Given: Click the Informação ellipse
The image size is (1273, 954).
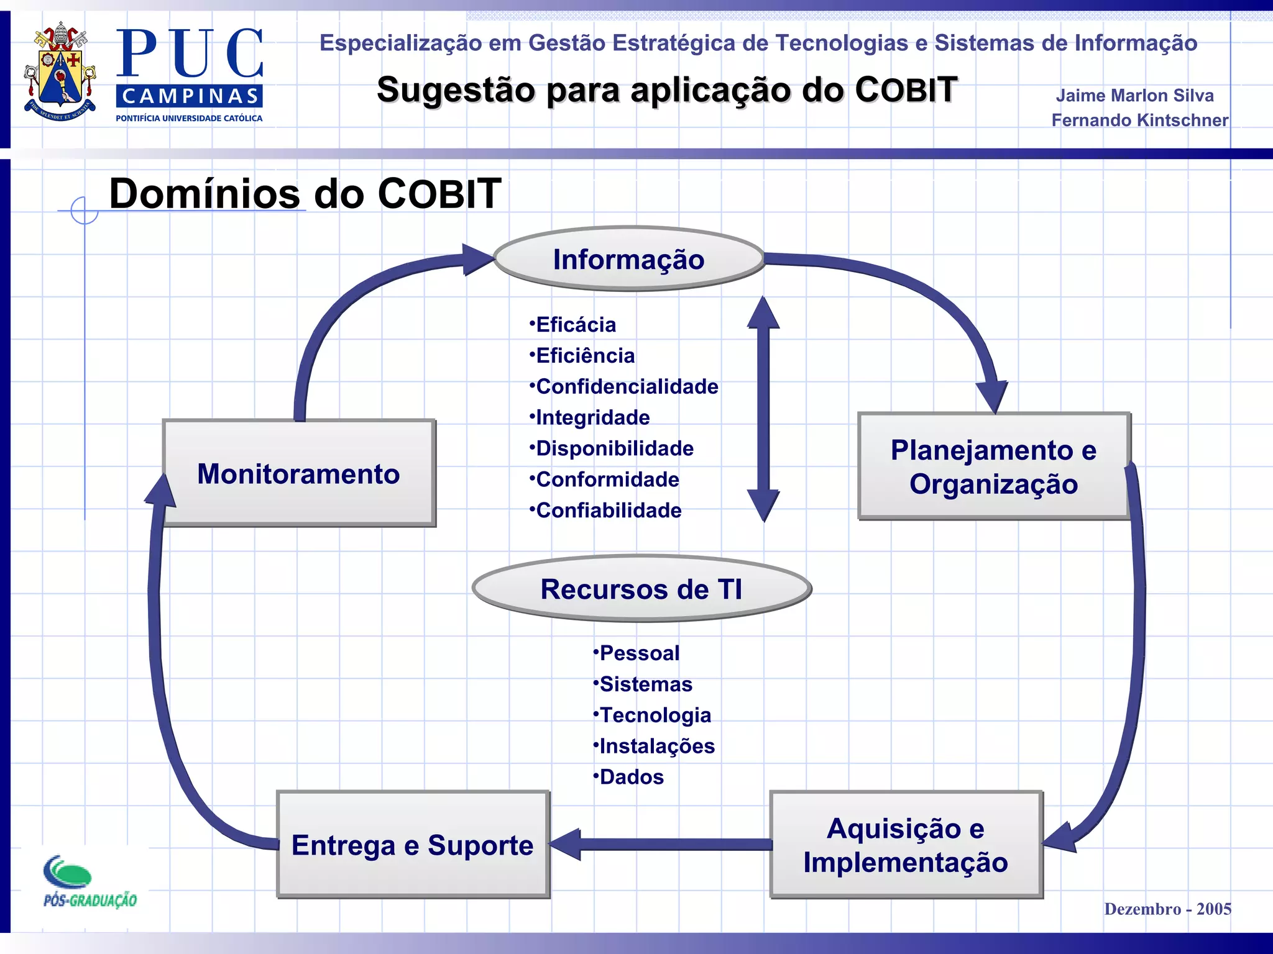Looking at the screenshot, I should tap(628, 259).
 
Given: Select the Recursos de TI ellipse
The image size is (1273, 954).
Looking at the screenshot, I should tap(641, 589).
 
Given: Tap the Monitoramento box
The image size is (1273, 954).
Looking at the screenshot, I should tap(298, 473).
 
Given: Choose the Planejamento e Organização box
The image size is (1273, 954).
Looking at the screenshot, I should tap(993, 466).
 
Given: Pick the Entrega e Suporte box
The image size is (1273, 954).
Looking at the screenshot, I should tap(413, 845).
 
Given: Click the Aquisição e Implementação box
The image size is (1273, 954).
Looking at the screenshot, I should tap(906, 845).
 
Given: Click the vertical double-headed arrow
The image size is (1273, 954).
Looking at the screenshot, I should tap(763, 409).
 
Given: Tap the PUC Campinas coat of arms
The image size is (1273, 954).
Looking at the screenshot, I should tap(60, 71).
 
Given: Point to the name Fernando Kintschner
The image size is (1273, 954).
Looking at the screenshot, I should tap(1139, 120).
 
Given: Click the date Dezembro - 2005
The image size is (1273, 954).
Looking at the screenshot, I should tap(1167, 909).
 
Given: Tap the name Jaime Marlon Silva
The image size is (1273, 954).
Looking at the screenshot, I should tap(1134, 95).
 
